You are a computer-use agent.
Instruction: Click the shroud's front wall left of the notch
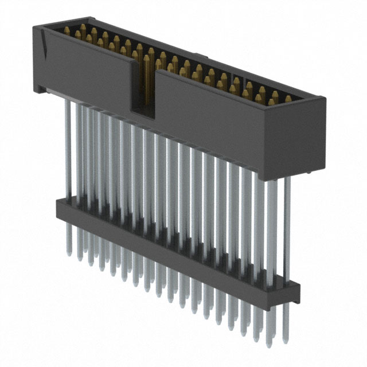point(86,75)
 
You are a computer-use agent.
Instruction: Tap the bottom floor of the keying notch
point(143,109)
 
